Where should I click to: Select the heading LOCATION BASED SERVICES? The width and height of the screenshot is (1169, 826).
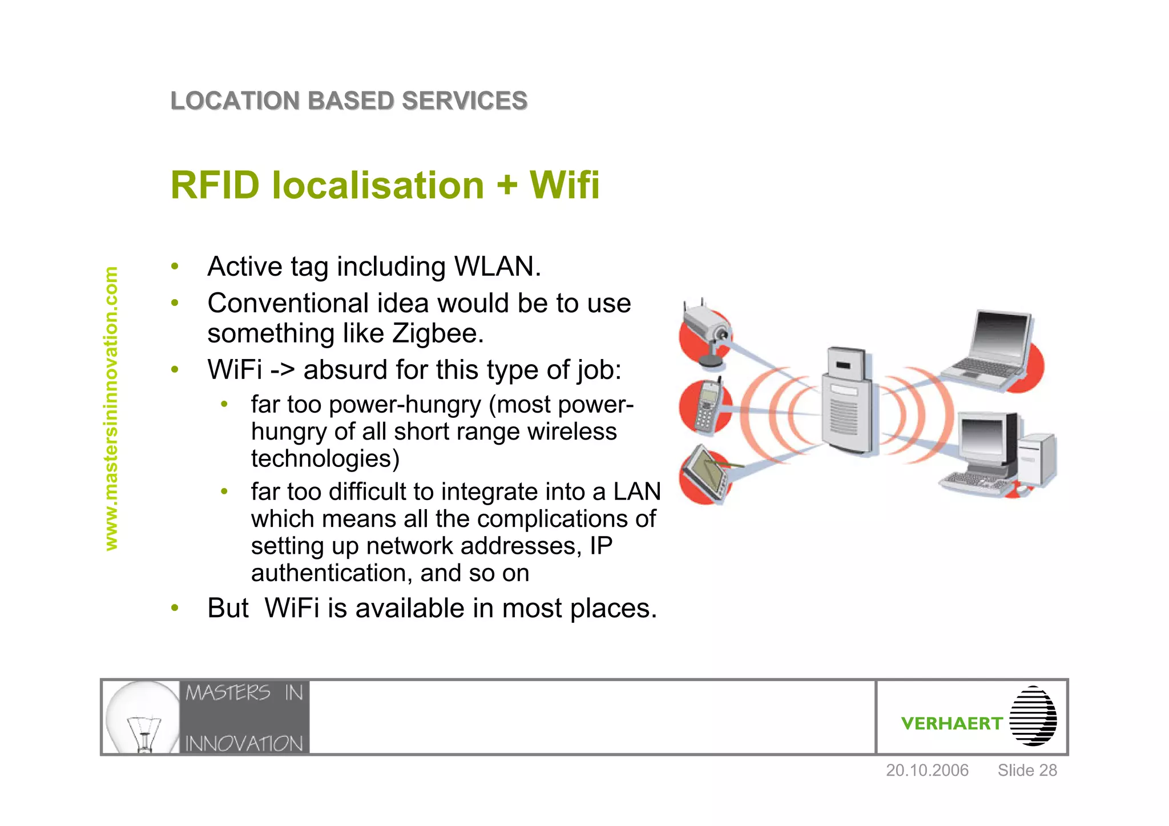point(349,101)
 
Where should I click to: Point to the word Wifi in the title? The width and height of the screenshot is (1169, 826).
point(565,186)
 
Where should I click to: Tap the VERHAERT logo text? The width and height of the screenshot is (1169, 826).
point(952,724)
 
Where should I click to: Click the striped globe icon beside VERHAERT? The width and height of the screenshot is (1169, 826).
point(1033,716)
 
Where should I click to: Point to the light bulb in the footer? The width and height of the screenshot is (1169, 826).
point(143,717)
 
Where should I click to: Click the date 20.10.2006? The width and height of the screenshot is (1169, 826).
point(927,771)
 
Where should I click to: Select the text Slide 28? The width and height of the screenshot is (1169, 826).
point(1027,771)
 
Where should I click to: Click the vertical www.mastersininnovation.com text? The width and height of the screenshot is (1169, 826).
point(111,409)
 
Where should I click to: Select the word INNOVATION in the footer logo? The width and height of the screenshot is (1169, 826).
point(244,744)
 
